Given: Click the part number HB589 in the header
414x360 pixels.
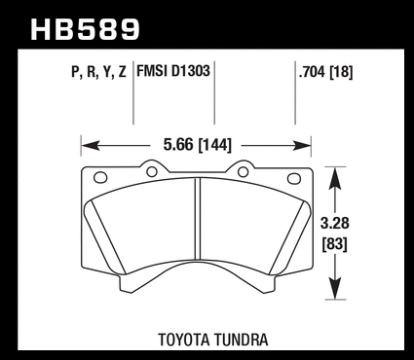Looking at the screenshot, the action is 86,29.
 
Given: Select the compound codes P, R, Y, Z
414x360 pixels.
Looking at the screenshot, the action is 98,72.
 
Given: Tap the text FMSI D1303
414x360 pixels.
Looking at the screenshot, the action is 173,71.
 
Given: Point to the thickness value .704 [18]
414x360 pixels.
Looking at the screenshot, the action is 325,72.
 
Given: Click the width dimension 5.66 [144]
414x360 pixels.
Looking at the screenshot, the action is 198,145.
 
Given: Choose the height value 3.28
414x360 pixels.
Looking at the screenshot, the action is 335,224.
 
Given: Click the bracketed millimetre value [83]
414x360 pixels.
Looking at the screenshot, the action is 335,244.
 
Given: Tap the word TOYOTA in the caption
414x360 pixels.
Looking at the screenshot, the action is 183,340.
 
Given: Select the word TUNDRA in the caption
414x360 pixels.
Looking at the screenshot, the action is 242,340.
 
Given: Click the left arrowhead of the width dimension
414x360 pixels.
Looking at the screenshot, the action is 91,145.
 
